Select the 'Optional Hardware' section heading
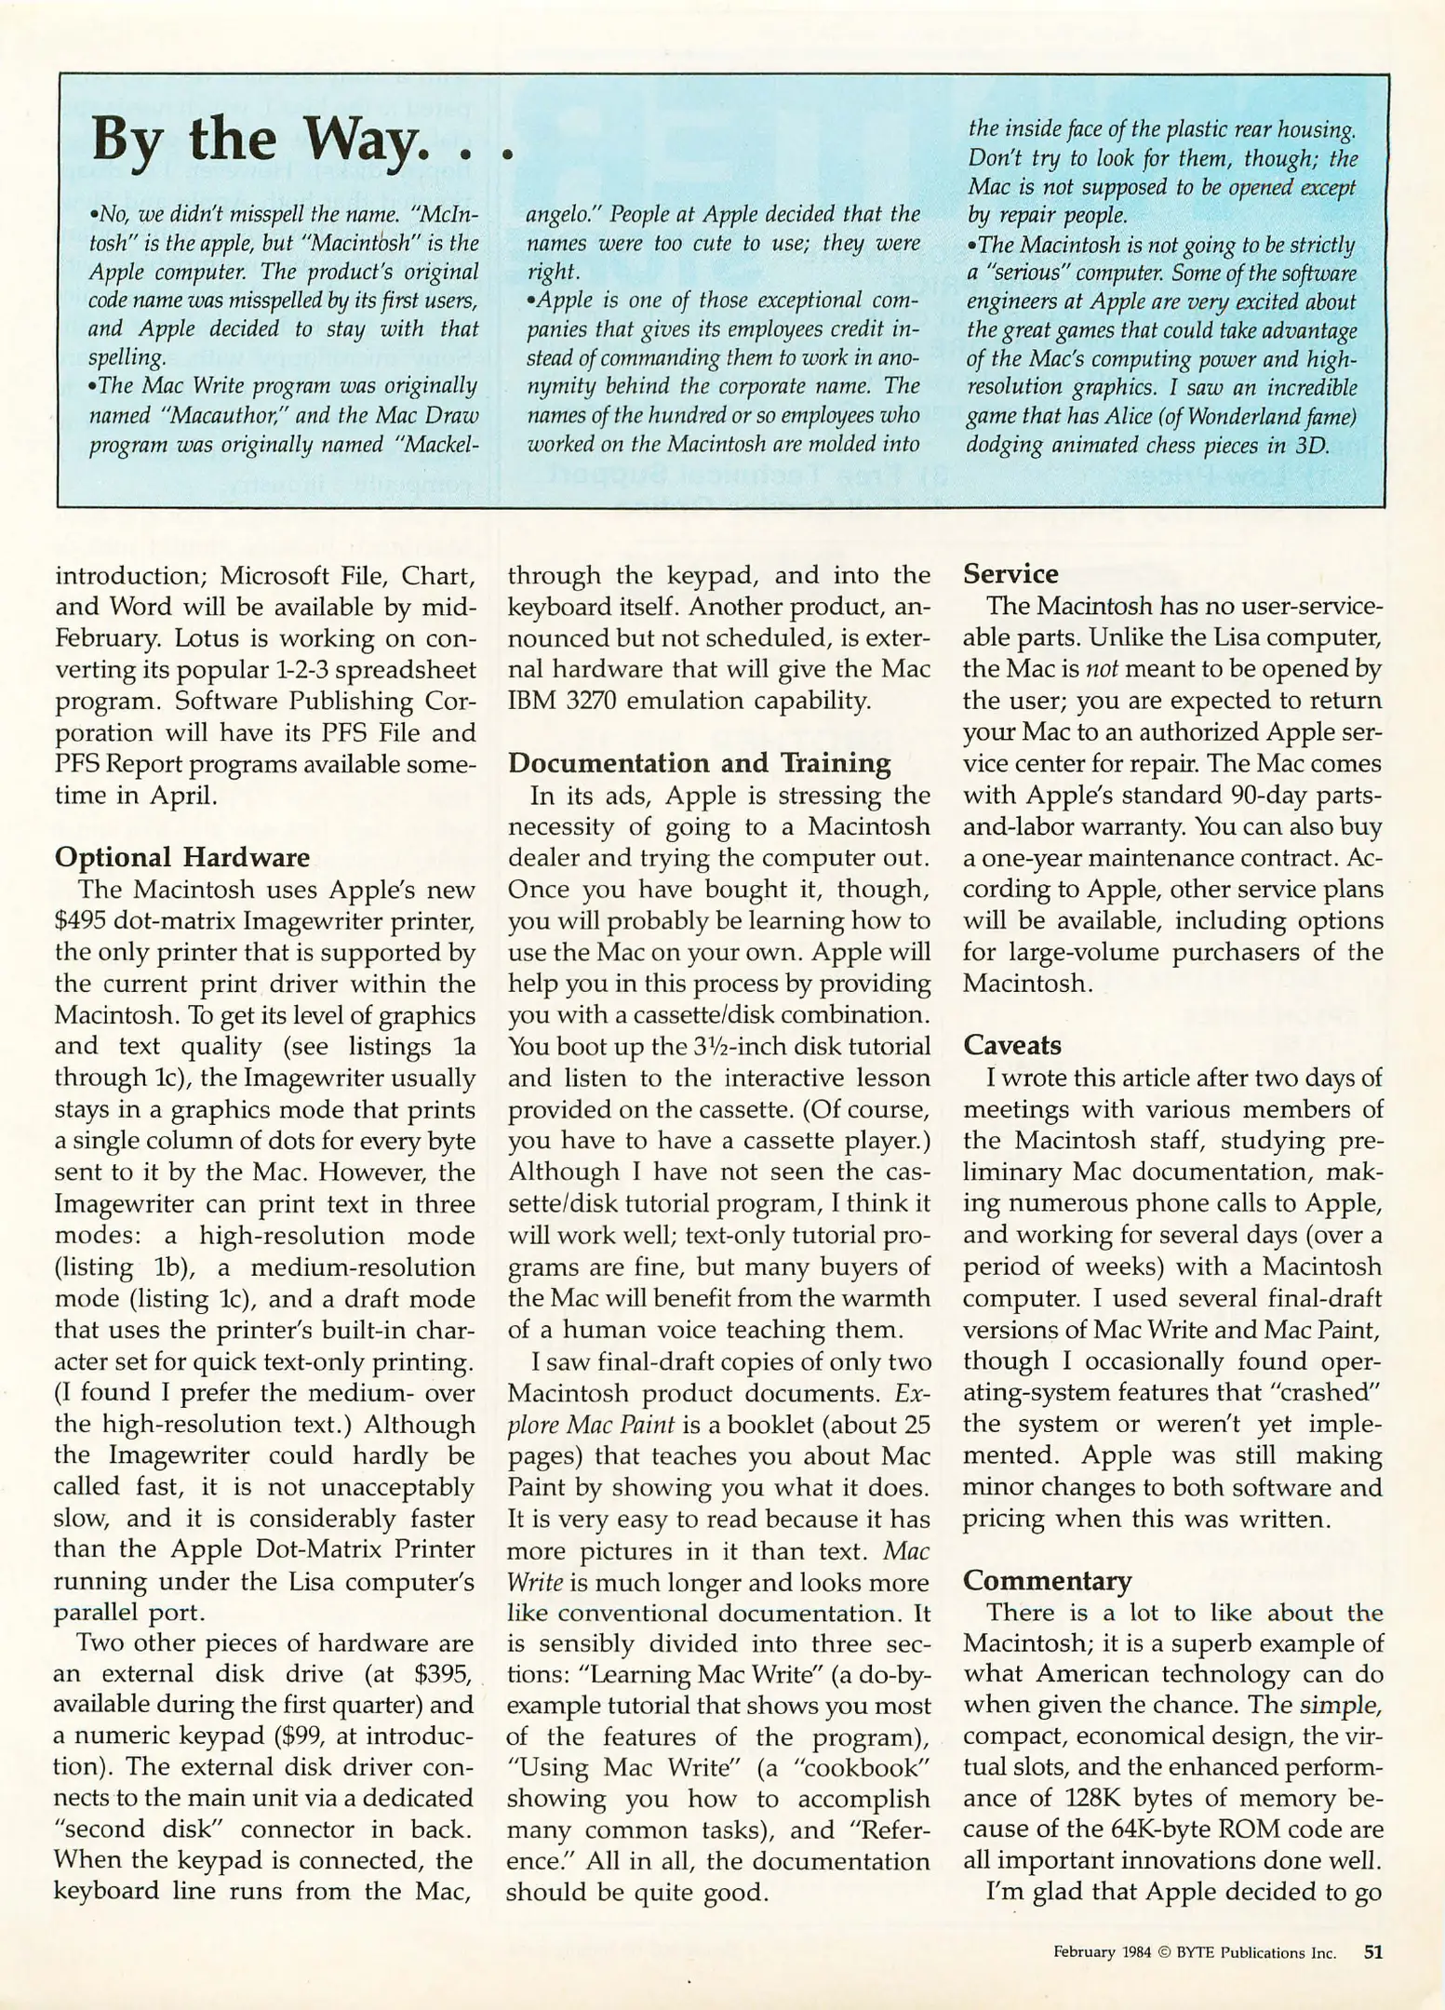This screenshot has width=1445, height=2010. coord(182,857)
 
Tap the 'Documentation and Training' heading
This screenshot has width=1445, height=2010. coord(699,763)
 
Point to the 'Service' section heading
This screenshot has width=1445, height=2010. coord(1010,574)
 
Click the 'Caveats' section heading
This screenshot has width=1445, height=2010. coord(1011,1045)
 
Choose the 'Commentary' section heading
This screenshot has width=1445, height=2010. coord(1047,1580)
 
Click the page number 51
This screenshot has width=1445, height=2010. coord(1372,1952)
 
